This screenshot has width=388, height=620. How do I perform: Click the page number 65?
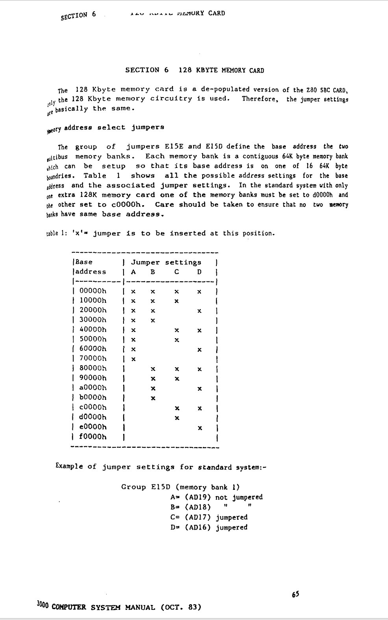coord(296,594)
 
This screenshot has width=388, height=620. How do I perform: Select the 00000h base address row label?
coord(93,291)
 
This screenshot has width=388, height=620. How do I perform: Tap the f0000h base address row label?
coord(93,437)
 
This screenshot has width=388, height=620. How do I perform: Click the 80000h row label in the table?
coord(93,368)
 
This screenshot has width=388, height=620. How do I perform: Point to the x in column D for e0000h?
coord(200,427)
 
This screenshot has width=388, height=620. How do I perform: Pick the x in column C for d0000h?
coord(177,418)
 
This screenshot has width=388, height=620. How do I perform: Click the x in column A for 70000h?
coord(133,359)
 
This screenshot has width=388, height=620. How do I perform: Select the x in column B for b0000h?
coord(153,398)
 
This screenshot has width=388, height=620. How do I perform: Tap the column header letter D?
coord(200,272)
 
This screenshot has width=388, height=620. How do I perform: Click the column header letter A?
coord(133,272)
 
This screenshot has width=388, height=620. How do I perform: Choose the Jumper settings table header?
coord(166,262)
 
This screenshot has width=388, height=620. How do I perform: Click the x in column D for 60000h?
coord(200,349)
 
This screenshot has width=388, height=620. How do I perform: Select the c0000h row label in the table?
coord(93,408)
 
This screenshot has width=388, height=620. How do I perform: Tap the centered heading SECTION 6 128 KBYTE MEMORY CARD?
coord(194,70)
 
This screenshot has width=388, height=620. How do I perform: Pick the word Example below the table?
coord(69,466)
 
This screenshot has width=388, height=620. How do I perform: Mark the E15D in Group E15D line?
coord(161,487)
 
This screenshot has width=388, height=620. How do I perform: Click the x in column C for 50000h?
coord(177,339)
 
